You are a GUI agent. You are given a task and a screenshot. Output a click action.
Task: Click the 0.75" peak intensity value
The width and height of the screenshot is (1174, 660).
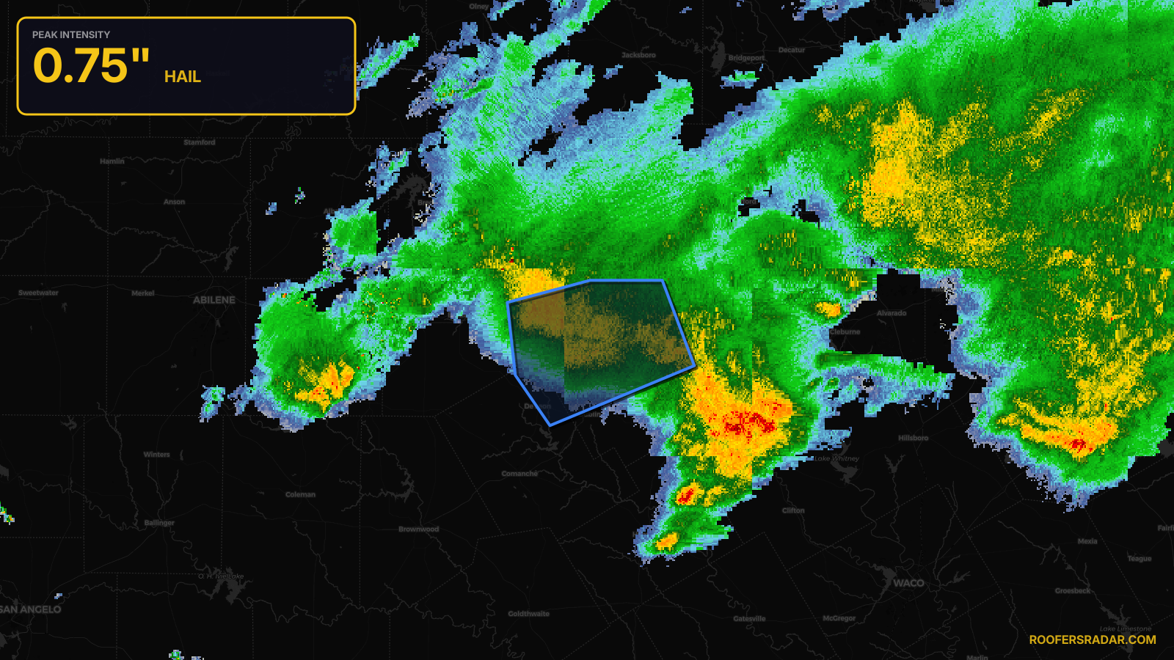91,66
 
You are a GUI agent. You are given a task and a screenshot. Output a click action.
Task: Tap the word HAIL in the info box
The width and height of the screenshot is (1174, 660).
182,77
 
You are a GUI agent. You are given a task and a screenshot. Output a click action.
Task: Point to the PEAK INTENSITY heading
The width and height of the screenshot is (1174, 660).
71,34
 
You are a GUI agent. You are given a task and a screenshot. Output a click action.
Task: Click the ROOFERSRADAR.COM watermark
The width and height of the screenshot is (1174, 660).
1092,639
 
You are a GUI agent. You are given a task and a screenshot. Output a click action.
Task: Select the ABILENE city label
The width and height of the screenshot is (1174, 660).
214,300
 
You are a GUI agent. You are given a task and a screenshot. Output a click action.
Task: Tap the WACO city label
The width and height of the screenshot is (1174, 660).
908,583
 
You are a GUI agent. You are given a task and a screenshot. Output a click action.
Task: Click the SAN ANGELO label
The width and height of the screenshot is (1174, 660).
30,609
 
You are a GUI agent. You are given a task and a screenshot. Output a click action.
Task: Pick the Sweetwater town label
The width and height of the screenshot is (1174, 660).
38,293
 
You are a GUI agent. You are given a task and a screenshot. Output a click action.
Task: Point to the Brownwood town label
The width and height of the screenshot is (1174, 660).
418,529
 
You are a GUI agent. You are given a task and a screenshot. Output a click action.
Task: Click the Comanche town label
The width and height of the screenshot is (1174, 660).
519,474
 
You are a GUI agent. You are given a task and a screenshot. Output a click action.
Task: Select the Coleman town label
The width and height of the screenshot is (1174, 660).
300,494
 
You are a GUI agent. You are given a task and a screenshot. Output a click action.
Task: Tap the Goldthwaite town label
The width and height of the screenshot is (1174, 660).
528,614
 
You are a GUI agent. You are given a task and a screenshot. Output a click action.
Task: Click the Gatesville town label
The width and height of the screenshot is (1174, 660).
749,618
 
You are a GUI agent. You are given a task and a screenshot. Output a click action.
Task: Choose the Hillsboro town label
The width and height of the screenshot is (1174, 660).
913,438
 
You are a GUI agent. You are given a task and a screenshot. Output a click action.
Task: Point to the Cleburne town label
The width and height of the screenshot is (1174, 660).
845,331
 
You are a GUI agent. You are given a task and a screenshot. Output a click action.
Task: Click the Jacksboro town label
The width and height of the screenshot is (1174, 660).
638,55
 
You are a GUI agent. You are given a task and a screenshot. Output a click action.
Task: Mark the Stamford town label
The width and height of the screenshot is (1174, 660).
200,142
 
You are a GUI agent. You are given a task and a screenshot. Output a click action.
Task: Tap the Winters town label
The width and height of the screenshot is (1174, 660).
156,455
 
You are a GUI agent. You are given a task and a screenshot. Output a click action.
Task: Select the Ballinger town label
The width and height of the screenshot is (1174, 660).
159,523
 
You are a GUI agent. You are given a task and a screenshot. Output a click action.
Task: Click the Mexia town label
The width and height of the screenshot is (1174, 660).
1087,541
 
